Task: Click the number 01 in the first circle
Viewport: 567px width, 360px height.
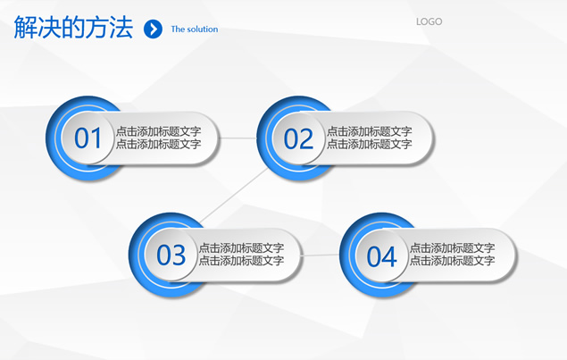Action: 88,138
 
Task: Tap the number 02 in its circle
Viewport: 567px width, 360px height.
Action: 298,139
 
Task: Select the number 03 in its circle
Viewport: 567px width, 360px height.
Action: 171,255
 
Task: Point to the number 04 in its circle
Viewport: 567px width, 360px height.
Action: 381,256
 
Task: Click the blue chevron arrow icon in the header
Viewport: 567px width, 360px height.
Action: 153,29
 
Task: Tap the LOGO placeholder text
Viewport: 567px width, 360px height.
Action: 429,21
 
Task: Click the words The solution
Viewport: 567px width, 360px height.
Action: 195,29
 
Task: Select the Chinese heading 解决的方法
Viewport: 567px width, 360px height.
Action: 73,27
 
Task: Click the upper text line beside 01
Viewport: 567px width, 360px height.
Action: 158,131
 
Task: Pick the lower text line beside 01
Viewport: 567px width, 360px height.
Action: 158,144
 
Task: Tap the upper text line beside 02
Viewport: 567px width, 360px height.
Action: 369,131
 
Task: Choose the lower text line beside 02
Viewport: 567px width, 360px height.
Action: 369,144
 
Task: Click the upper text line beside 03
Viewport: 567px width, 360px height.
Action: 241,247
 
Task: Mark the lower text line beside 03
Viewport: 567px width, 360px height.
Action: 241,261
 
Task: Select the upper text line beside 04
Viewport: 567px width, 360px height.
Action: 452,247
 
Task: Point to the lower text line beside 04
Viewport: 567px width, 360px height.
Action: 452,261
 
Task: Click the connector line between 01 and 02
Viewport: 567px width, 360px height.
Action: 238,138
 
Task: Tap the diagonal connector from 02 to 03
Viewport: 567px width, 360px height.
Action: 234,196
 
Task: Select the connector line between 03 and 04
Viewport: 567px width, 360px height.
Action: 321,255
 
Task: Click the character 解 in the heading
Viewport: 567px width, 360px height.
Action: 26,27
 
